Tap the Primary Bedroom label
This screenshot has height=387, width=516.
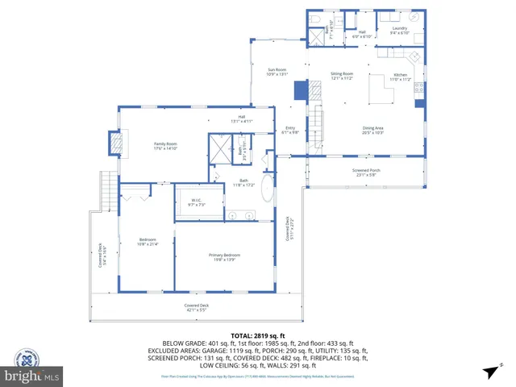click(227, 256)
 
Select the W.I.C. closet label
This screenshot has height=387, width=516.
click(196, 202)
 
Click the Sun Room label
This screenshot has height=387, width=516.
click(277, 72)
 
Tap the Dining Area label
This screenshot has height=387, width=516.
click(372, 129)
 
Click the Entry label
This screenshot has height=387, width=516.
click(291, 130)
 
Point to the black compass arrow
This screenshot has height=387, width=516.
click(489, 371)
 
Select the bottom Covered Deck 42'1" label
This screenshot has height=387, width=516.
click(196, 307)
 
